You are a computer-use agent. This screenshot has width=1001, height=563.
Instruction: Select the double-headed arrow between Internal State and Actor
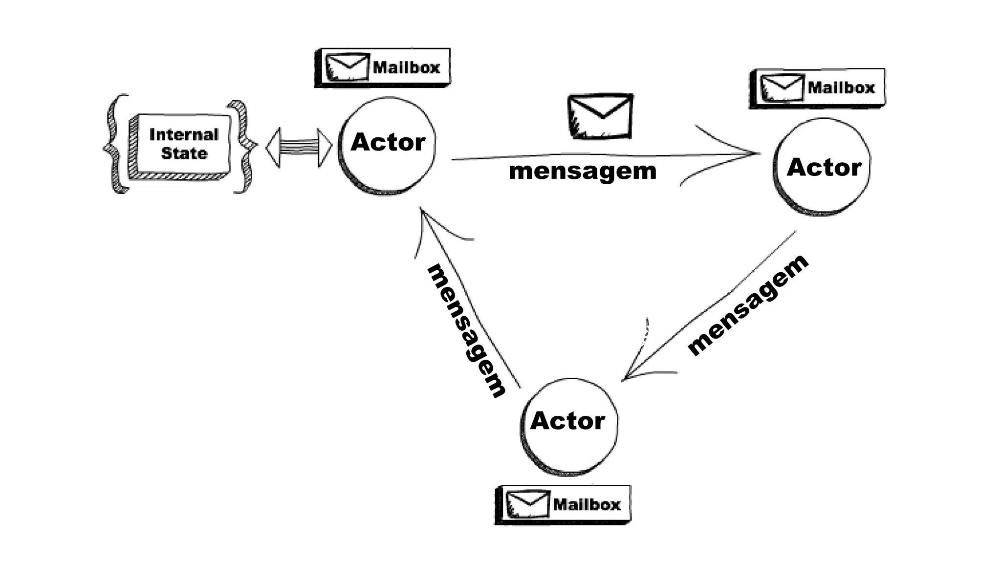tap(299, 147)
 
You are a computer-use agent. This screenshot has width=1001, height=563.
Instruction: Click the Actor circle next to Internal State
tap(387, 146)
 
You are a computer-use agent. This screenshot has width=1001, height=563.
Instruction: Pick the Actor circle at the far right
tap(822, 167)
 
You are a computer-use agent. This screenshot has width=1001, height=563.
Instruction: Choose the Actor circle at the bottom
tap(569, 426)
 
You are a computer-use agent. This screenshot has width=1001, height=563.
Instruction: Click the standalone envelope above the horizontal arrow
tap(600, 117)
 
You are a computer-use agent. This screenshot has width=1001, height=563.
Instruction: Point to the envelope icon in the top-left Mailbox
tap(348, 67)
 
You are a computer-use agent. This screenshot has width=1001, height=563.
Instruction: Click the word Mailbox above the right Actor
tap(841, 88)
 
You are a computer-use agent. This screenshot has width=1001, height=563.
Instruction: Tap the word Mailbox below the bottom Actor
tap(587, 504)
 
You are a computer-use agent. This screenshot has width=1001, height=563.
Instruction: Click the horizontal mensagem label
tap(582, 171)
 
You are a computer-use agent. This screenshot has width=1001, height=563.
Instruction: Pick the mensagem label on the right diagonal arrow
tap(748, 305)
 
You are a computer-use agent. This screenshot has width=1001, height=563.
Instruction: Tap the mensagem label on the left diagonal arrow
tap(467, 330)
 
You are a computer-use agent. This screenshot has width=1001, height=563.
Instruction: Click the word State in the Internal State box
tap(184, 153)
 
